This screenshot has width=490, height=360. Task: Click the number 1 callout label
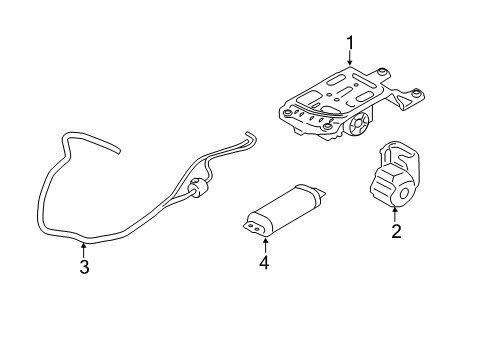[350, 41]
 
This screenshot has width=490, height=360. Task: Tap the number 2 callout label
[396, 232]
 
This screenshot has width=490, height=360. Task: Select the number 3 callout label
[84, 267]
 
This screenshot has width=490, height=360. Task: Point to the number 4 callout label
[264, 263]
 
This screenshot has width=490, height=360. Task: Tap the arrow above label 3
[84, 247]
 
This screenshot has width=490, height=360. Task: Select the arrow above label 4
[264, 243]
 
